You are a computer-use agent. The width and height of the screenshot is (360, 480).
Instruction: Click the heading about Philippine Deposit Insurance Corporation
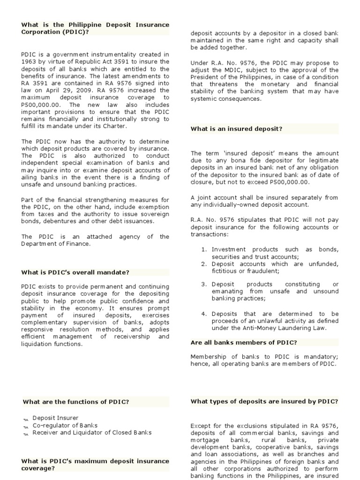tap(95, 28)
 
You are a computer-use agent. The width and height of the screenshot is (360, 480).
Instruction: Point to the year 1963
tap(30, 61)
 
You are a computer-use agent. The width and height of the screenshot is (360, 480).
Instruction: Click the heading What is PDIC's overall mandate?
tap(75, 272)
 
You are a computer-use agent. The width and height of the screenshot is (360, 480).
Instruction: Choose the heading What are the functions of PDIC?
tap(75, 402)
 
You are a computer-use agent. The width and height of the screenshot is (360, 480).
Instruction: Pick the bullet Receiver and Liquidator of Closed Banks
tap(92, 433)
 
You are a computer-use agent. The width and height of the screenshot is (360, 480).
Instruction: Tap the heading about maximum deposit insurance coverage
tap(95, 465)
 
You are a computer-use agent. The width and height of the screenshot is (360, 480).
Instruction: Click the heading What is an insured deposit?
tap(236, 128)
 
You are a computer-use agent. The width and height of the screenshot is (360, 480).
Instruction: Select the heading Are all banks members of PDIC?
tap(244, 343)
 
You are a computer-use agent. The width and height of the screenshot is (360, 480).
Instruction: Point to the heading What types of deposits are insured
tap(264, 402)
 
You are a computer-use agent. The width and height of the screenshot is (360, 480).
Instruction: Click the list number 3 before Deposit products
tap(204, 284)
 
